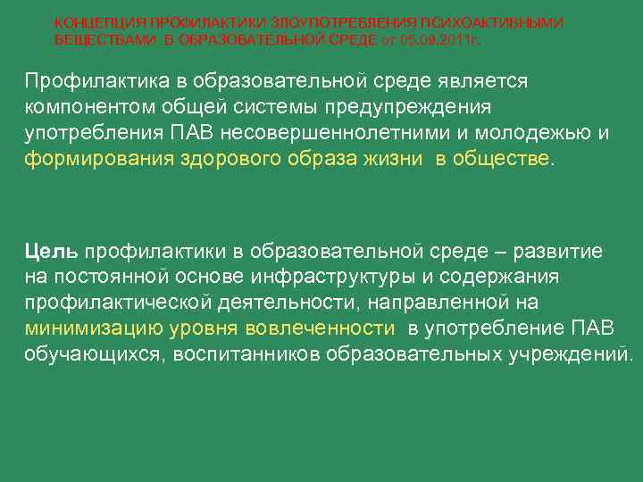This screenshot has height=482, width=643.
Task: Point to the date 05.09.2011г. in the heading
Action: click(439, 39)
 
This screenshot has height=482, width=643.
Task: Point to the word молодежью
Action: click(540, 133)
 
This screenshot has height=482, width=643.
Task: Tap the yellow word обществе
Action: click(506, 159)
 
